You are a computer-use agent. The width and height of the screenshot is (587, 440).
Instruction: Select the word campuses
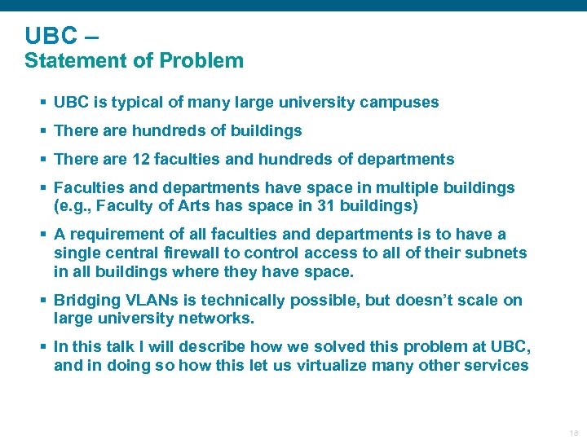point(399,103)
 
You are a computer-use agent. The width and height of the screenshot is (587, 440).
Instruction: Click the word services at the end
point(496,366)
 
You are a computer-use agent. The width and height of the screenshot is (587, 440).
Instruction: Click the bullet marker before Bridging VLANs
point(42,301)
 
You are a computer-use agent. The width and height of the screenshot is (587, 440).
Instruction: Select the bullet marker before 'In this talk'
point(42,347)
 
